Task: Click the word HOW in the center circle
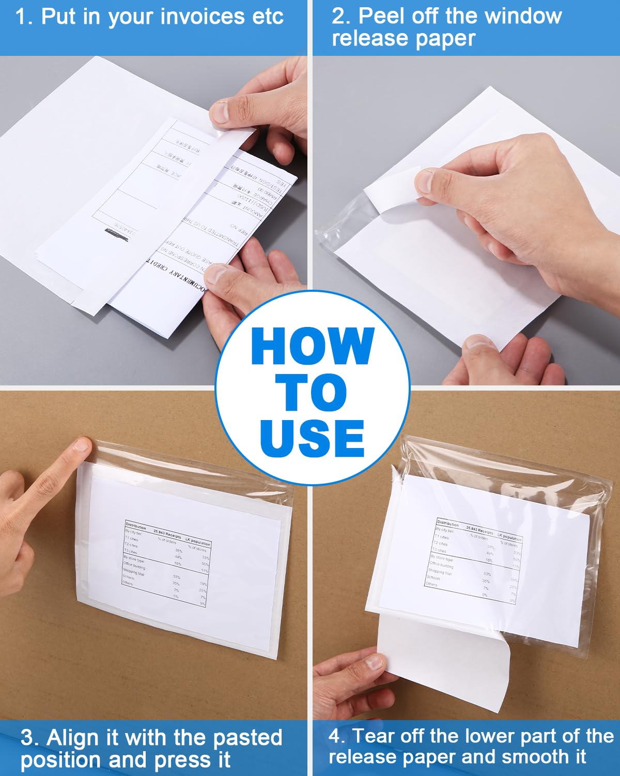(312, 347)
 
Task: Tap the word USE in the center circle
(312, 438)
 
